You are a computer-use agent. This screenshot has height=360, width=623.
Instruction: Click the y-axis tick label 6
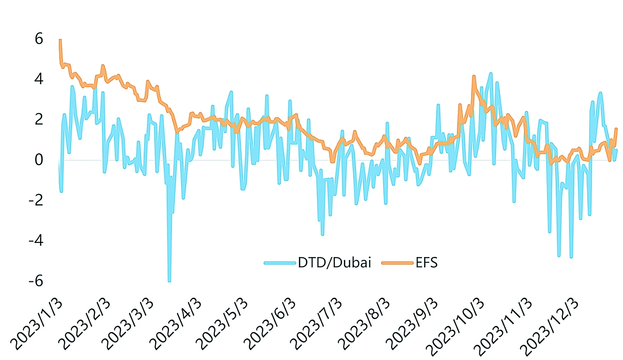pos(39,39)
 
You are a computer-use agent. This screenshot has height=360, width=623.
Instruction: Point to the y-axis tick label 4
pos(39,79)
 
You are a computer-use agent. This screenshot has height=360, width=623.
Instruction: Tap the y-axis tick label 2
pos(39,120)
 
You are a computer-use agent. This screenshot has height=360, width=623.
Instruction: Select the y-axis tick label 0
pos(39,160)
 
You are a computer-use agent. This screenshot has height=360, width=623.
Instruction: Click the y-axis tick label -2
pos(36,200)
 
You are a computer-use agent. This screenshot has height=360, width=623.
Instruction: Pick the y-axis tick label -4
pos(36,241)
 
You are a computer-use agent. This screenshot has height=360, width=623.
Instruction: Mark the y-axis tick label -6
pos(36,281)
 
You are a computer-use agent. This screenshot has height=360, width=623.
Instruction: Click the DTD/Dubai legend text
pos(334,263)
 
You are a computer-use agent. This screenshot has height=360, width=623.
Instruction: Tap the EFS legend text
pos(426,263)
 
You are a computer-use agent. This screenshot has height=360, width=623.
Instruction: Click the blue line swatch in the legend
pos(280,263)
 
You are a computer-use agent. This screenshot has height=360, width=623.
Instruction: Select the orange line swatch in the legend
pos(397,263)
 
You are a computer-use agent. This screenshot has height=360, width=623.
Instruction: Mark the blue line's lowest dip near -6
pos(169,281)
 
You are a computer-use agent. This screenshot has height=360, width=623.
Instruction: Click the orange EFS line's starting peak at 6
pos(60,40)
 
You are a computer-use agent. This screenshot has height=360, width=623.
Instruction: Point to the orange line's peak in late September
pos(474,76)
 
